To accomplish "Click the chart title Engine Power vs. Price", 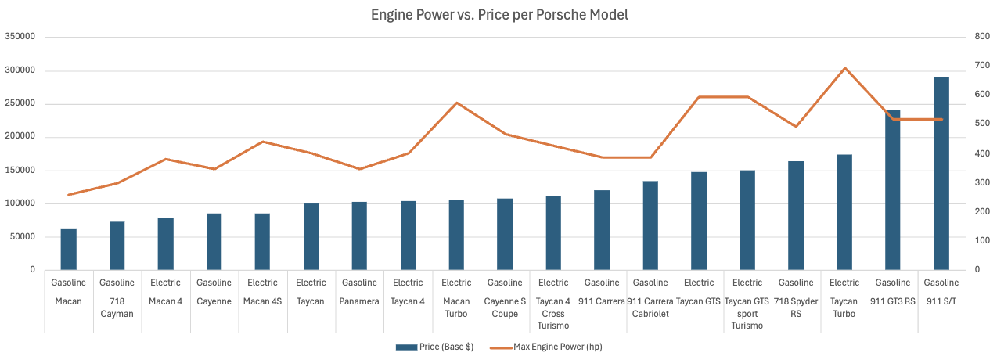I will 499,15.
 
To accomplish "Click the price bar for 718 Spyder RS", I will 795,215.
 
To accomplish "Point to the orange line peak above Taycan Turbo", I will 844,68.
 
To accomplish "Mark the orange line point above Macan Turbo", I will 456,103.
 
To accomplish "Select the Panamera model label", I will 359,301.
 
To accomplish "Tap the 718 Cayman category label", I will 117,308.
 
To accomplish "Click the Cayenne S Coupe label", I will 505,308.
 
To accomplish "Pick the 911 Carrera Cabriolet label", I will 650,308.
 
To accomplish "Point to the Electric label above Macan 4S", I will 262,283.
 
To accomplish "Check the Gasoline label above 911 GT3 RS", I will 893,283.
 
